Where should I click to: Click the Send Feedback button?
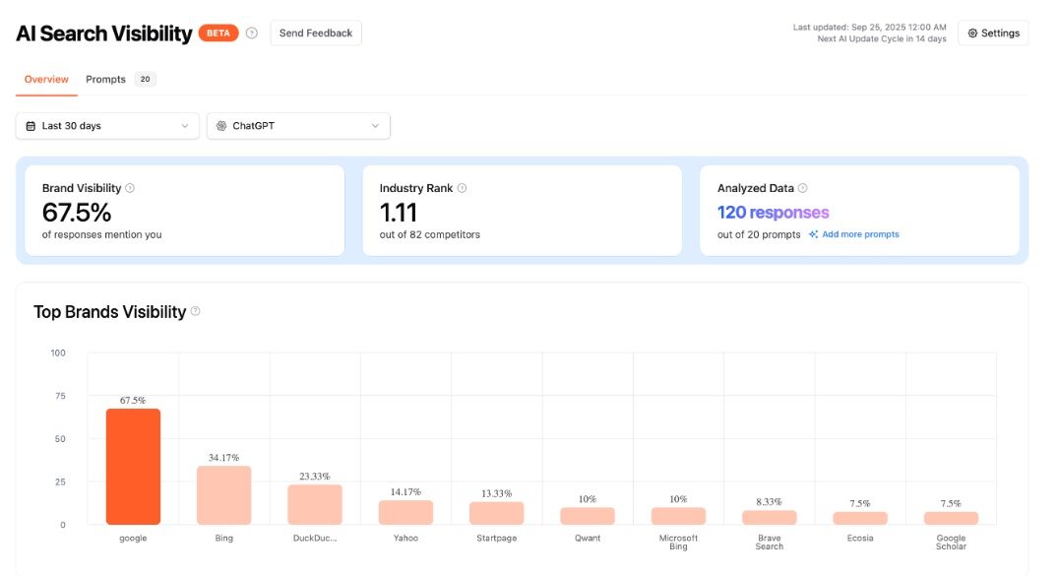pos(315,33)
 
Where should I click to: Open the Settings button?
pos(993,33)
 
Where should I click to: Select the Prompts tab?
pos(106,80)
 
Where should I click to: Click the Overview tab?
pos(46,80)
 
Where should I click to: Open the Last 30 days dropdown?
pos(107,126)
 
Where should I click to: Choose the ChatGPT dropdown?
pos(298,126)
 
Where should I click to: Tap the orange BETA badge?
pos(218,33)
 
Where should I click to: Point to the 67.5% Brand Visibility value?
pos(77,213)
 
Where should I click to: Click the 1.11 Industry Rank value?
pos(399,213)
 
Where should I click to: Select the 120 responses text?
pos(773,213)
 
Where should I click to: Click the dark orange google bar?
pos(133,467)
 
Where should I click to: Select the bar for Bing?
pos(223,495)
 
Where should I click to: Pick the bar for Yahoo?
pos(405,512)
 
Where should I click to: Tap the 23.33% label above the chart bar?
pos(315,477)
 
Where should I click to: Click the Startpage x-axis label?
pos(496,539)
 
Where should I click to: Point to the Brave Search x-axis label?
pos(770,542)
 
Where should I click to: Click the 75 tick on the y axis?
pos(58,396)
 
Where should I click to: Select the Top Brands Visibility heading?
pos(109,312)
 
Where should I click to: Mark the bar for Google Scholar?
pos(951,518)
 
